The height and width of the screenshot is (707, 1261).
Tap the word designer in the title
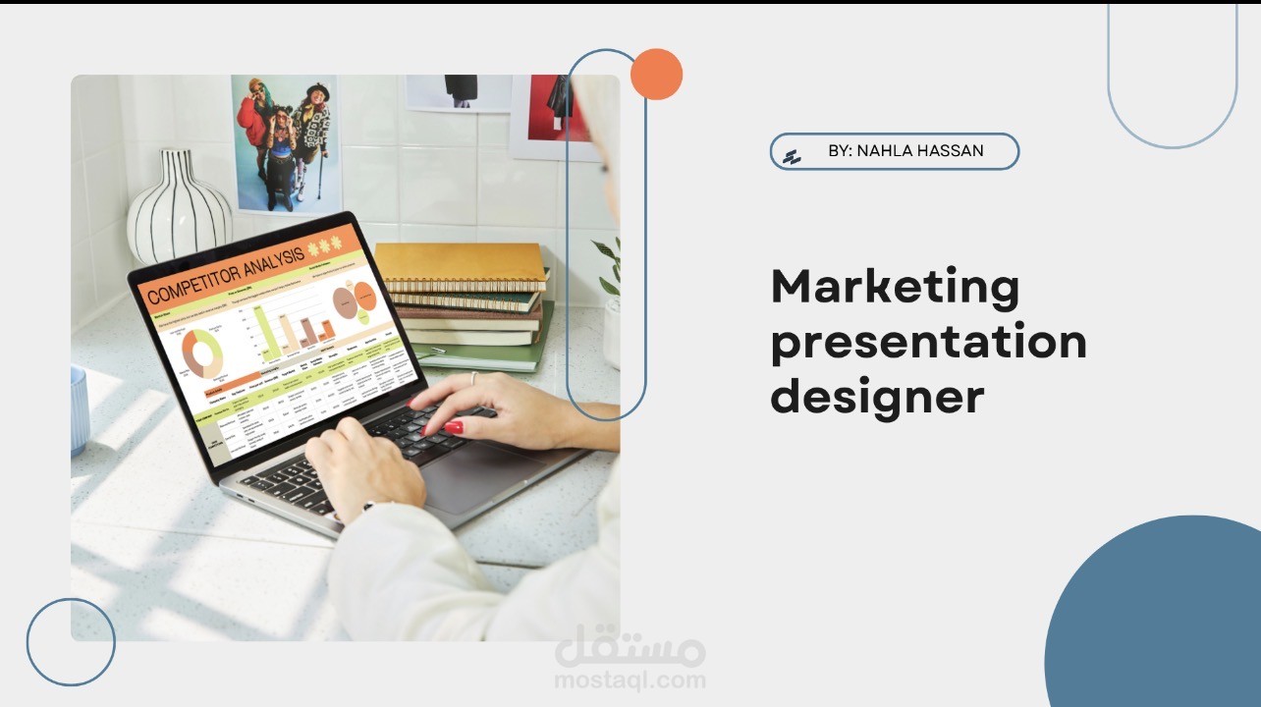(877, 397)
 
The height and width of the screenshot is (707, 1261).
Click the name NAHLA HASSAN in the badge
(920, 151)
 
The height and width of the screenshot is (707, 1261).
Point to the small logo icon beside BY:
(792, 155)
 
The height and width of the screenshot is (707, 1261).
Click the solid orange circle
(656, 74)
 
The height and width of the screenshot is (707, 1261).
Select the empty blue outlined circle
(71, 641)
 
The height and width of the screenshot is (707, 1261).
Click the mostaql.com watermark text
(630, 679)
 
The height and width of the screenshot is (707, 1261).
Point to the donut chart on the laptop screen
(202, 353)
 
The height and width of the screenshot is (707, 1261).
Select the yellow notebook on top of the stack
(460, 262)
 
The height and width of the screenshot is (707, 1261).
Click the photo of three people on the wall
(285, 142)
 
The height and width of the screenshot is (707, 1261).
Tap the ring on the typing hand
(473, 377)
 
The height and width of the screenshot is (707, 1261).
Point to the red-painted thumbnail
(453, 427)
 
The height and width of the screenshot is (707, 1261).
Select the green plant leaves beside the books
(609, 265)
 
